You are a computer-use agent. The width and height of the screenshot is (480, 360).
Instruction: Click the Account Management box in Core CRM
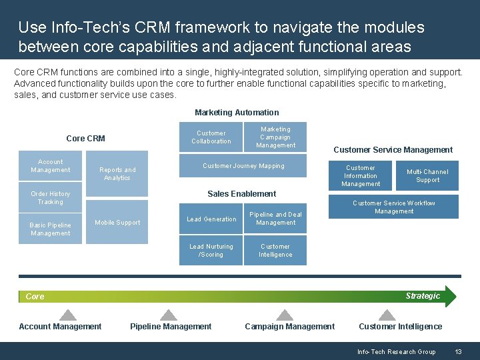(51, 166)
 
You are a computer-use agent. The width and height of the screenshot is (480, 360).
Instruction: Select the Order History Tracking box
(51, 198)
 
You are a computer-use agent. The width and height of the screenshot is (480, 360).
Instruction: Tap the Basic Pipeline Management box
(51, 229)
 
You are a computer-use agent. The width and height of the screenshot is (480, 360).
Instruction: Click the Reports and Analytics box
(117, 174)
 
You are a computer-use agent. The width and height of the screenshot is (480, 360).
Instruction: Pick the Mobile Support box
(117, 223)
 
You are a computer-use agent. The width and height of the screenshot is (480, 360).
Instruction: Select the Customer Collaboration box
(211, 137)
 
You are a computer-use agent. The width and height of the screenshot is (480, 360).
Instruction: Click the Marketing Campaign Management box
(275, 137)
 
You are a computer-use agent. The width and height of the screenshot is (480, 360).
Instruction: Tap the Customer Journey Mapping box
(243, 166)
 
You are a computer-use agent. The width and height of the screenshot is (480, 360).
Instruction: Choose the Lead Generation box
(211, 219)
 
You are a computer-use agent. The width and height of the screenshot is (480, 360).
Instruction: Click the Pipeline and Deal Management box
(275, 219)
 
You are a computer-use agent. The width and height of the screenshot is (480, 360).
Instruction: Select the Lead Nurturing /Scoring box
(211, 251)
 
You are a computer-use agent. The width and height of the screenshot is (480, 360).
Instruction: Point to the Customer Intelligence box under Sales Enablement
(275, 251)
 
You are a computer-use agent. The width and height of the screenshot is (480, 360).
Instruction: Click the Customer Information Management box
(361, 176)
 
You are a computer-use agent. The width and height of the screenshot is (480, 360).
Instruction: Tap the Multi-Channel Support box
(427, 176)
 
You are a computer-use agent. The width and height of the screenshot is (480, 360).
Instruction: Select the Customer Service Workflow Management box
(394, 207)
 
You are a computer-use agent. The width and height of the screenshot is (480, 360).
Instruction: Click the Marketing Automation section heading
(237, 113)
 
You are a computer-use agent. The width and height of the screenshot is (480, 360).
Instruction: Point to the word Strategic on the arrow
(423, 296)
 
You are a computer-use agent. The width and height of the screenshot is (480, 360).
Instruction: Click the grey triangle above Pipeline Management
(169, 315)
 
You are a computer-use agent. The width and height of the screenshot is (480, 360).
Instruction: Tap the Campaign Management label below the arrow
(290, 327)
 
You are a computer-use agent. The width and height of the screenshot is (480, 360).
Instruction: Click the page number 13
(458, 352)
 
